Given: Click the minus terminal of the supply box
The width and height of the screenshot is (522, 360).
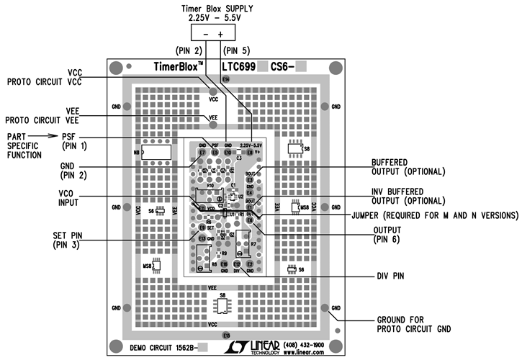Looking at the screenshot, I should pyautogui.click(x=206, y=33).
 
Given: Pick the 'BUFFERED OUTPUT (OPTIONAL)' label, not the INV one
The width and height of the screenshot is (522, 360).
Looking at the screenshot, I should pyautogui.click(x=408, y=167).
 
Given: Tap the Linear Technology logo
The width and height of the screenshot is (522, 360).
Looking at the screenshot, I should pyautogui.click(x=248, y=347).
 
